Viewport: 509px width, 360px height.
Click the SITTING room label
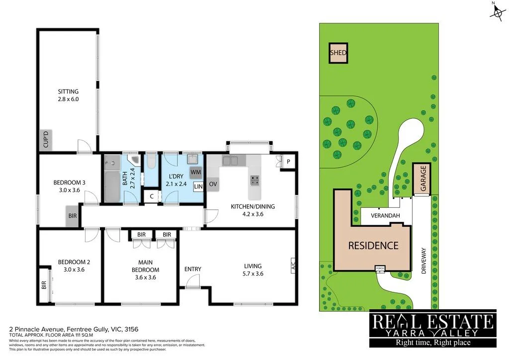pyautogui.click(x=68, y=91)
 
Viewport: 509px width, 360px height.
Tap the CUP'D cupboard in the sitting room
pyautogui.click(x=44, y=140)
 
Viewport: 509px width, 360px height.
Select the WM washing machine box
pyautogui.click(x=195, y=172)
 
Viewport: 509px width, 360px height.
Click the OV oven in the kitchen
pyautogui.click(x=213, y=184)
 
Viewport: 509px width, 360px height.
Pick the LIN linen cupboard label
pyautogui.click(x=198, y=186)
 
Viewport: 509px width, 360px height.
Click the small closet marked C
pyautogui.click(x=152, y=196)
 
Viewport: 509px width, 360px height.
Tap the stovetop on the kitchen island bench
pyautogui.click(x=255, y=180)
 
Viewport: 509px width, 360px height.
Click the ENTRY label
pyautogui.click(x=193, y=269)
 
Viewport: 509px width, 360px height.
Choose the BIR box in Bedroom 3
pyautogui.click(x=72, y=216)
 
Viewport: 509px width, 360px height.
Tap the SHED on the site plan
pyautogui.click(x=338, y=53)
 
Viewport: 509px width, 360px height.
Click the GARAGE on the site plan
pyautogui.click(x=423, y=179)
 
